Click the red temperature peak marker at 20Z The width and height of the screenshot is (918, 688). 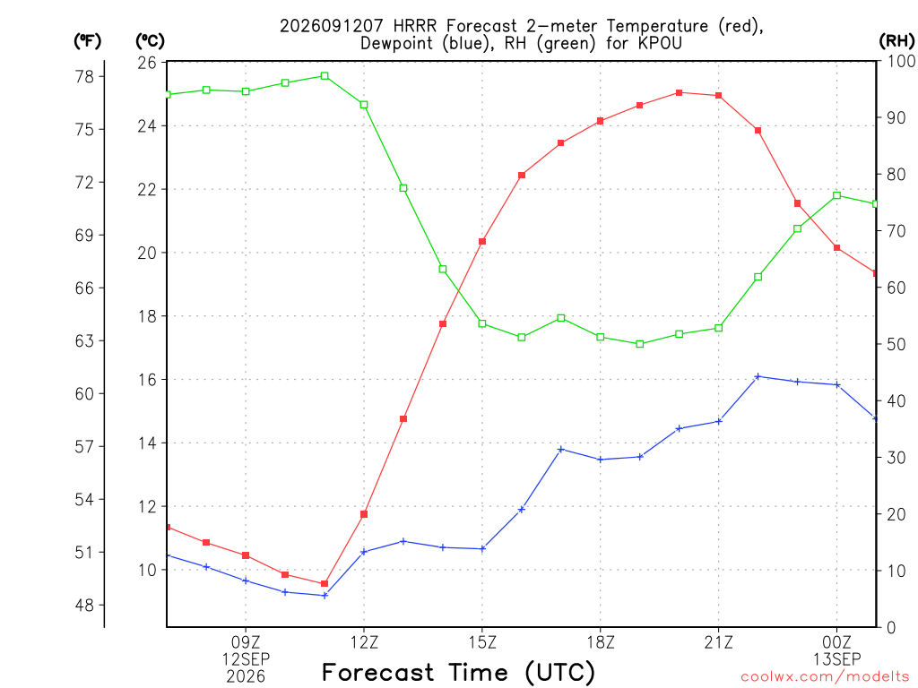coord(680,92)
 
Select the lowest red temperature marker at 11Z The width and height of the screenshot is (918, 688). coord(325,583)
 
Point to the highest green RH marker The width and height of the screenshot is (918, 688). coord(325,75)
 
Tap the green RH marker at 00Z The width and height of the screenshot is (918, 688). coord(836,195)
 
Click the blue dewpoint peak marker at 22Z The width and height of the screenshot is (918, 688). coord(758,376)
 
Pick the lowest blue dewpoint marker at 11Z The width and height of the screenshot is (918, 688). coord(325,595)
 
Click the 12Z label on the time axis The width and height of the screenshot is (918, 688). coord(364,642)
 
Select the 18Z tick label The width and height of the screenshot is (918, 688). coord(601,642)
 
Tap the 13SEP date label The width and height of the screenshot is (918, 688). coord(836,659)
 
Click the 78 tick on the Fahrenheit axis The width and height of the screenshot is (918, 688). coord(84,77)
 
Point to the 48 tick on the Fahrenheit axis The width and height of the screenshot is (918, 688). coord(84,605)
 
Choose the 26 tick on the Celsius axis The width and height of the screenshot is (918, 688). coord(147,62)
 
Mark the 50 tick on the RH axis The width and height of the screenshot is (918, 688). coord(896,344)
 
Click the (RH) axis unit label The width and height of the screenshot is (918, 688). coord(896,40)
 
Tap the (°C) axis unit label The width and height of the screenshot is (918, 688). coord(150,40)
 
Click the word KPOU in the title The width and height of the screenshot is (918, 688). coord(660,43)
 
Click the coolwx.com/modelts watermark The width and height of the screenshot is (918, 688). coord(825,676)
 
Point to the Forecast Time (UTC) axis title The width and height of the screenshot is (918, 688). coord(458,672)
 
